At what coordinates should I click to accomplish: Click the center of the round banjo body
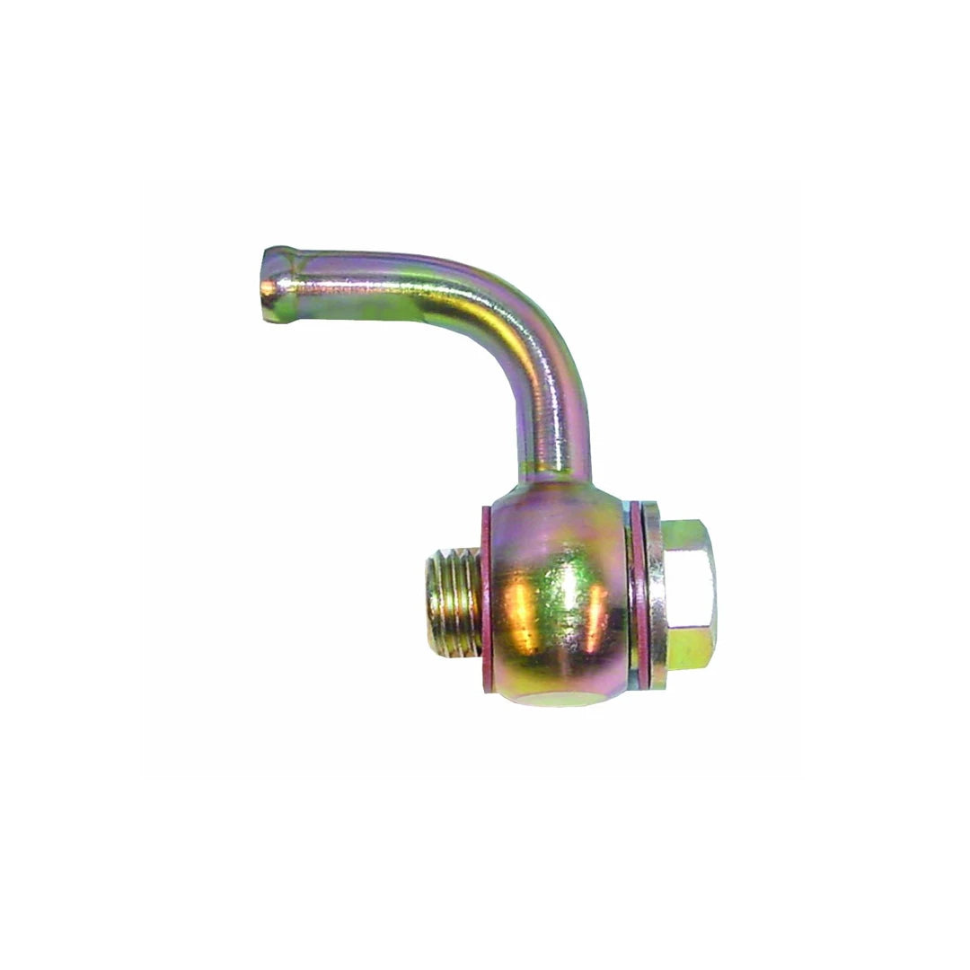pyautogui.click(x=557, y=597)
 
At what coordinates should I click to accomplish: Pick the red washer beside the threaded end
pyautogui.click(x=486, y=597)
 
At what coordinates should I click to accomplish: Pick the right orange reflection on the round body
pyautogui.click(x=593, y=620)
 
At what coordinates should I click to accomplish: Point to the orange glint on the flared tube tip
pyautogui.click(x=269, y=287)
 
